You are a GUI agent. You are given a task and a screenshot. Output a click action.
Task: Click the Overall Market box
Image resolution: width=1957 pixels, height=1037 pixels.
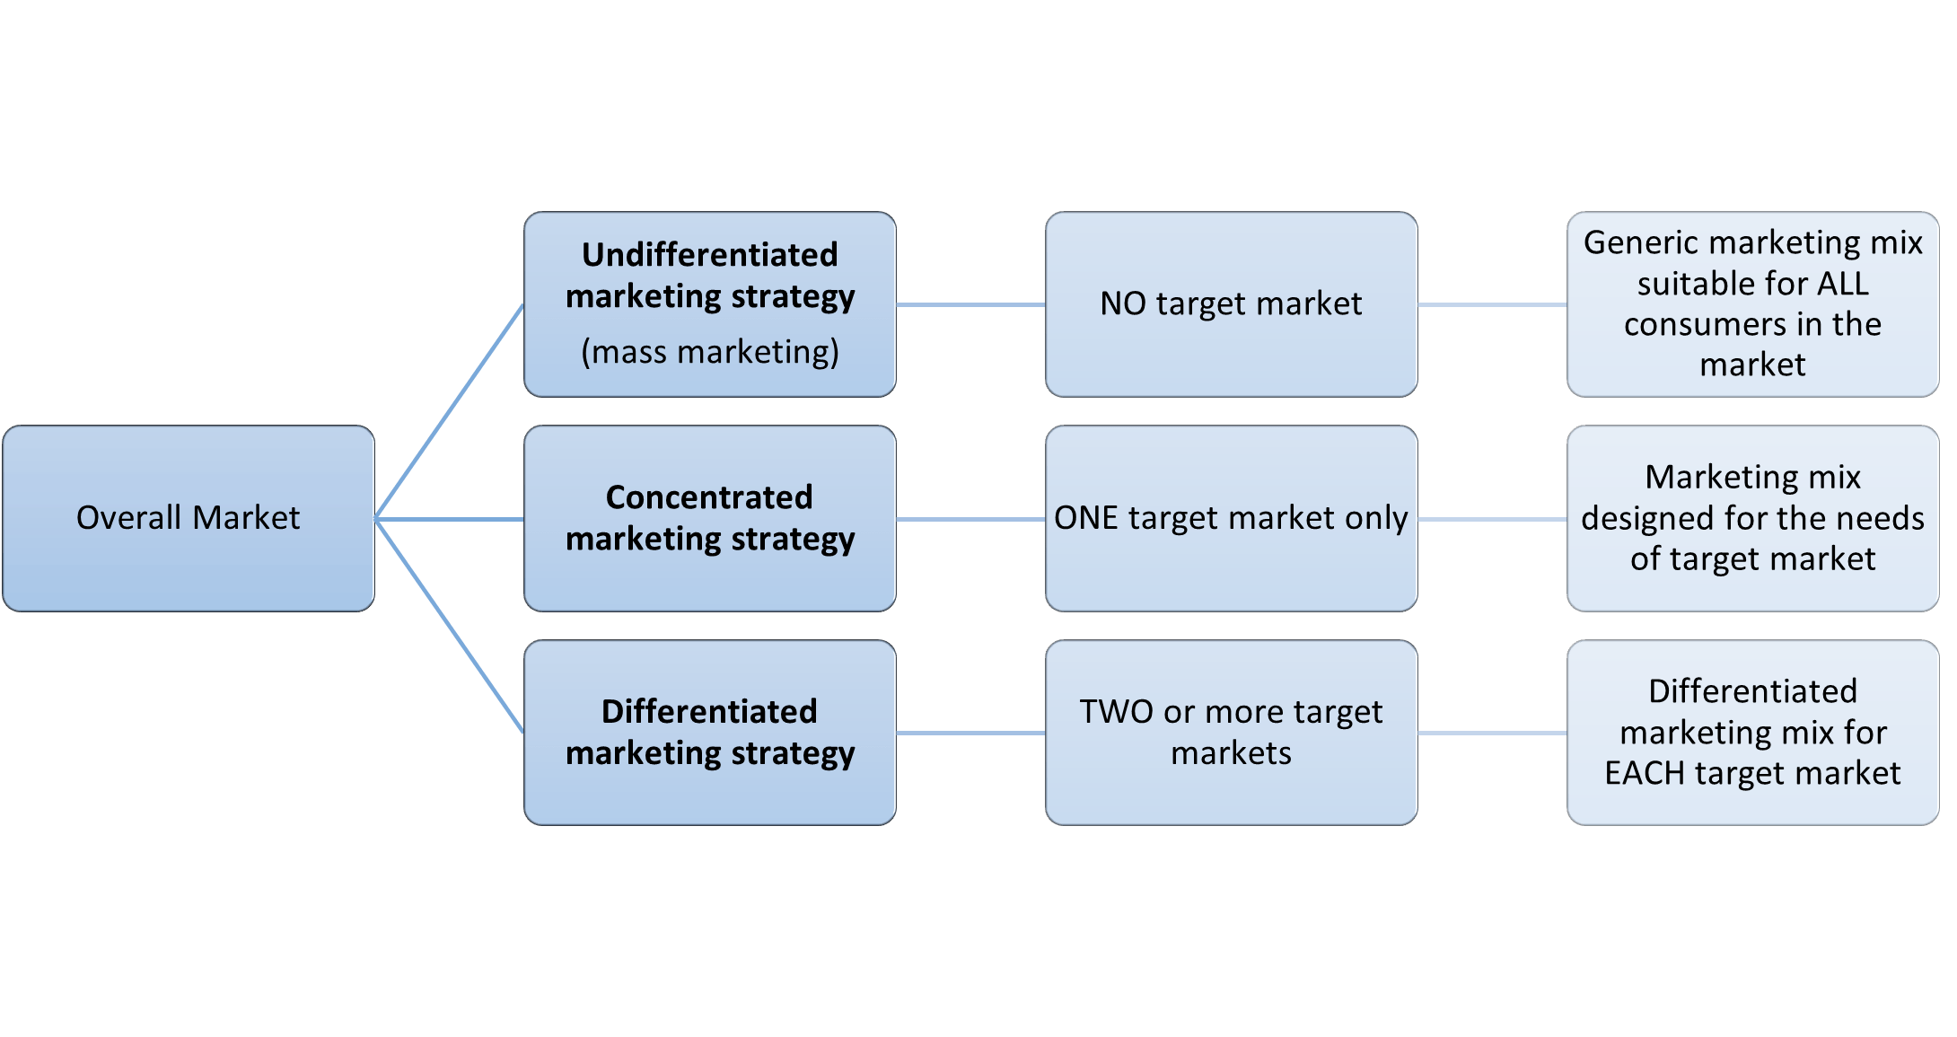[189, 518]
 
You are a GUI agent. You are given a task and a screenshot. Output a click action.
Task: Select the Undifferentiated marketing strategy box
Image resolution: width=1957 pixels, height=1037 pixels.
[709, 303]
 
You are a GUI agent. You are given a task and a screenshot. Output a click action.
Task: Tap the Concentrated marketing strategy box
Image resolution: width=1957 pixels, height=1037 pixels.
[709, 518]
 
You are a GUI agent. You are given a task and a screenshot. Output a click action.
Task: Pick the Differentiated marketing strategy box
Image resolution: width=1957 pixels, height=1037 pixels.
[709, 732]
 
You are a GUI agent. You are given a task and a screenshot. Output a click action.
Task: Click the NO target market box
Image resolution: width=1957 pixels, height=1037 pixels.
[1231, 303]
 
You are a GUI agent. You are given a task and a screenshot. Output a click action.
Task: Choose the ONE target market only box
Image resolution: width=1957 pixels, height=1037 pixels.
[1231, 518]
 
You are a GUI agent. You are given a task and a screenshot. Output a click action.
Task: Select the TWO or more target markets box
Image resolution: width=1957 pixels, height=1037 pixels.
[1231, 732]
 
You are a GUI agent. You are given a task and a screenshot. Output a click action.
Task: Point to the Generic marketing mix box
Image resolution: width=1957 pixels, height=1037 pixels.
[1752, 303]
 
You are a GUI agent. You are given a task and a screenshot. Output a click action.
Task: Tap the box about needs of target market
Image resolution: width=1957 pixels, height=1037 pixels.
[1752, 518]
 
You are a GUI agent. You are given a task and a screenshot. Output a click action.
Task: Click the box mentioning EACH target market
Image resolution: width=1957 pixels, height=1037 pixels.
[1752, 732]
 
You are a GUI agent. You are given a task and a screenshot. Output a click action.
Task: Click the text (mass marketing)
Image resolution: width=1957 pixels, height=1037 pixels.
[709, 352]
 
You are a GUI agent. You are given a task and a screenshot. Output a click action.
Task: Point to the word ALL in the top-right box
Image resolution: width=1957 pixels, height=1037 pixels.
[1843, 284]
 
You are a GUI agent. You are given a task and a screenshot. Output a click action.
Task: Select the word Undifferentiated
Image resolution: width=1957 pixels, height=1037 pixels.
[709, 255]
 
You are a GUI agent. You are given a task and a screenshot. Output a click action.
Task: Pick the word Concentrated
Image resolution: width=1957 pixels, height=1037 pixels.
[709, 497]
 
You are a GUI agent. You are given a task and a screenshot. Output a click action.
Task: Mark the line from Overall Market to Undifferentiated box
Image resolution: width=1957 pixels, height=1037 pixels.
[449, 411]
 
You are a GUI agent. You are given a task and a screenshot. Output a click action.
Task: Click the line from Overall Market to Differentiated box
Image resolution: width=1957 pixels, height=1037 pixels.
[449, 626]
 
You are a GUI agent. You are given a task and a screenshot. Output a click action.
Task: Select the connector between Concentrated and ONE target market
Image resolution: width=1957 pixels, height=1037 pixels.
[970, 519]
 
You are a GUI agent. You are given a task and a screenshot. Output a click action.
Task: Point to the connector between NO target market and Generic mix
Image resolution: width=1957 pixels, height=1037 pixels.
[1492, 304]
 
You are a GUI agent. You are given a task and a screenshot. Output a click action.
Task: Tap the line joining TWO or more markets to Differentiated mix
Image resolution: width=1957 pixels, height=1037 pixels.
[1492, 733]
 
